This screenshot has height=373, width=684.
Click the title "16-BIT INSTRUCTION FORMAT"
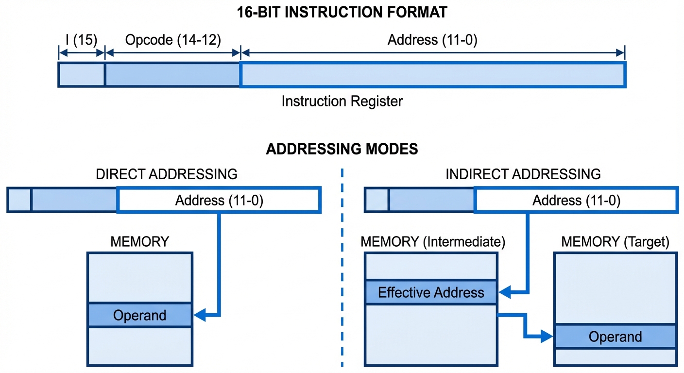342,12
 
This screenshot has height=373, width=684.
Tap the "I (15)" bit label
81,40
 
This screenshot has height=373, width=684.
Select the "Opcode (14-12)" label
173,40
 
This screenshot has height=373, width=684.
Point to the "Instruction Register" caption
342,102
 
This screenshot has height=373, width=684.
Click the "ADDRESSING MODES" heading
342,149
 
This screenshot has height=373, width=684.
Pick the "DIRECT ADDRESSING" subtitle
167,174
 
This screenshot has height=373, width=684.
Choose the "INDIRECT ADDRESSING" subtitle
523,174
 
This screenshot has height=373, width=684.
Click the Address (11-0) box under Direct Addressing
219,200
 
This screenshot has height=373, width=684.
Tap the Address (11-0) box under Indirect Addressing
576,200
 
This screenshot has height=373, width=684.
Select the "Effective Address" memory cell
431,292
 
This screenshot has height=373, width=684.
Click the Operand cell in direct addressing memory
140,315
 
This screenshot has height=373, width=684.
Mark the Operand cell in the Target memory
615,337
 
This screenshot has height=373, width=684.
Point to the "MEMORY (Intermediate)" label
433,241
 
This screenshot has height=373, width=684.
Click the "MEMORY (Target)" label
615,241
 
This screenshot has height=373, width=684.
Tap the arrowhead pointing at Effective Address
505,292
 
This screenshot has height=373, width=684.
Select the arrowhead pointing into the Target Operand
548,336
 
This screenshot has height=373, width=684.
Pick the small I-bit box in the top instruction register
82,74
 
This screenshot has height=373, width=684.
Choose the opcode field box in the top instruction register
173,74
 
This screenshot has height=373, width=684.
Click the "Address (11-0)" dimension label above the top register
432,40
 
